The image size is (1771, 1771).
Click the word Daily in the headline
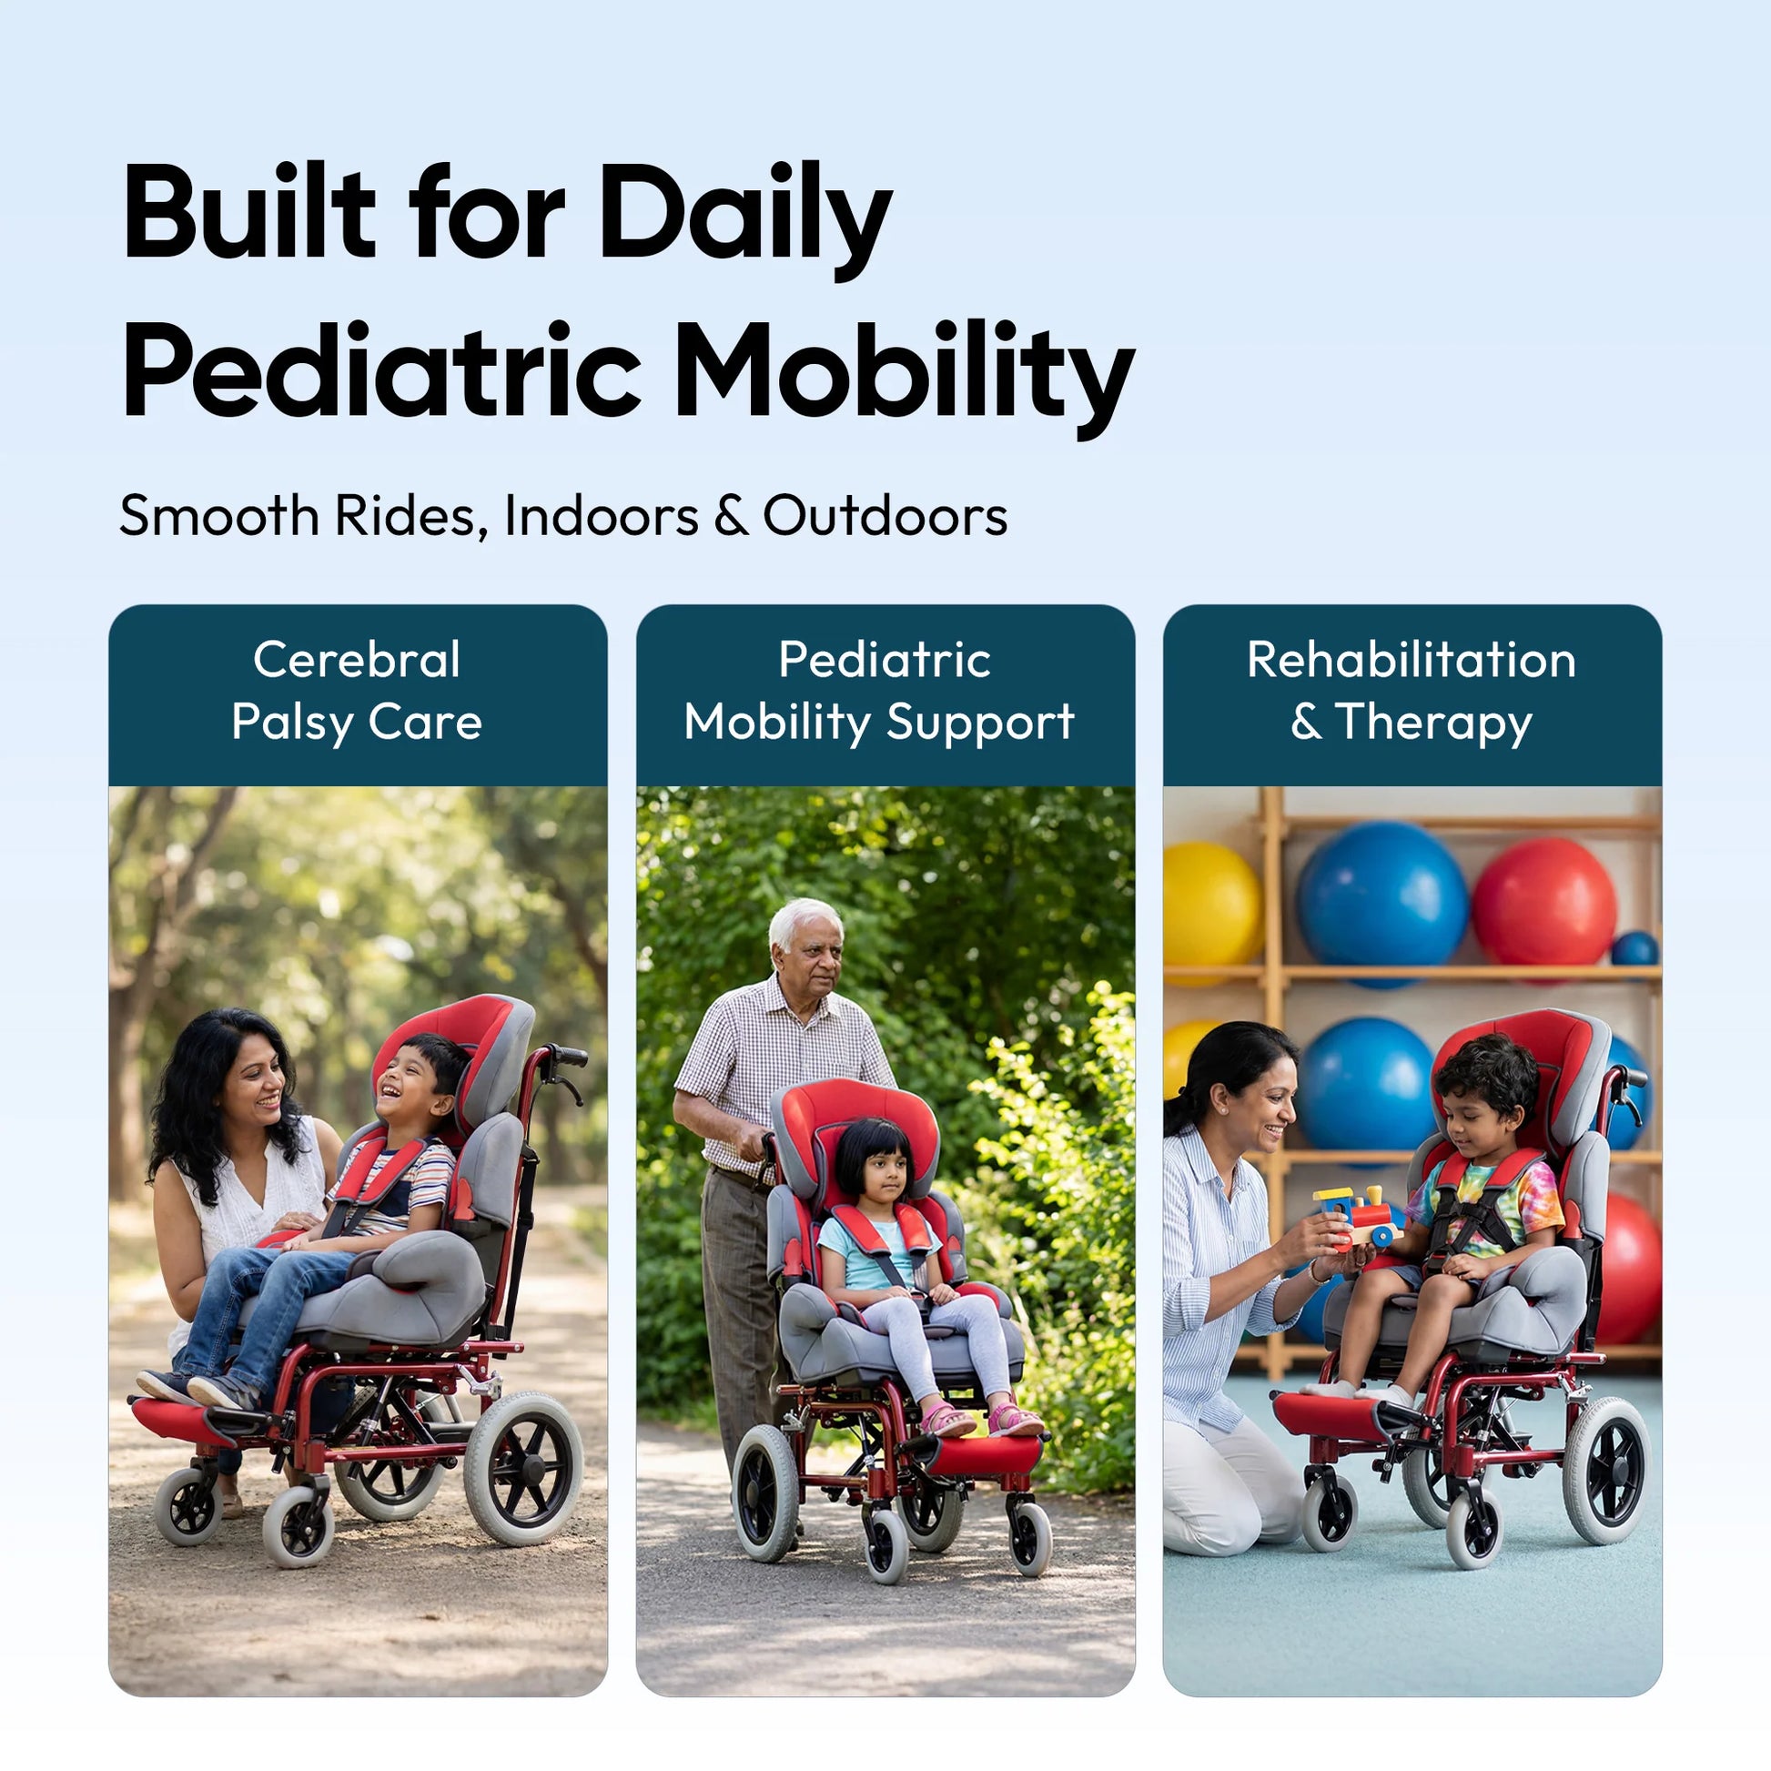744,218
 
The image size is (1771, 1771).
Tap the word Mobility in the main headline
905,375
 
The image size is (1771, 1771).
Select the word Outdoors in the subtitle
885,515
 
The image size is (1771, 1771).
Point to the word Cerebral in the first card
357,659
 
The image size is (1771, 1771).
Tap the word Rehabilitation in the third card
1412,659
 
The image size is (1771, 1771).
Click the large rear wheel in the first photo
523,1470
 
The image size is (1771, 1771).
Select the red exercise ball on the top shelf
1544,903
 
